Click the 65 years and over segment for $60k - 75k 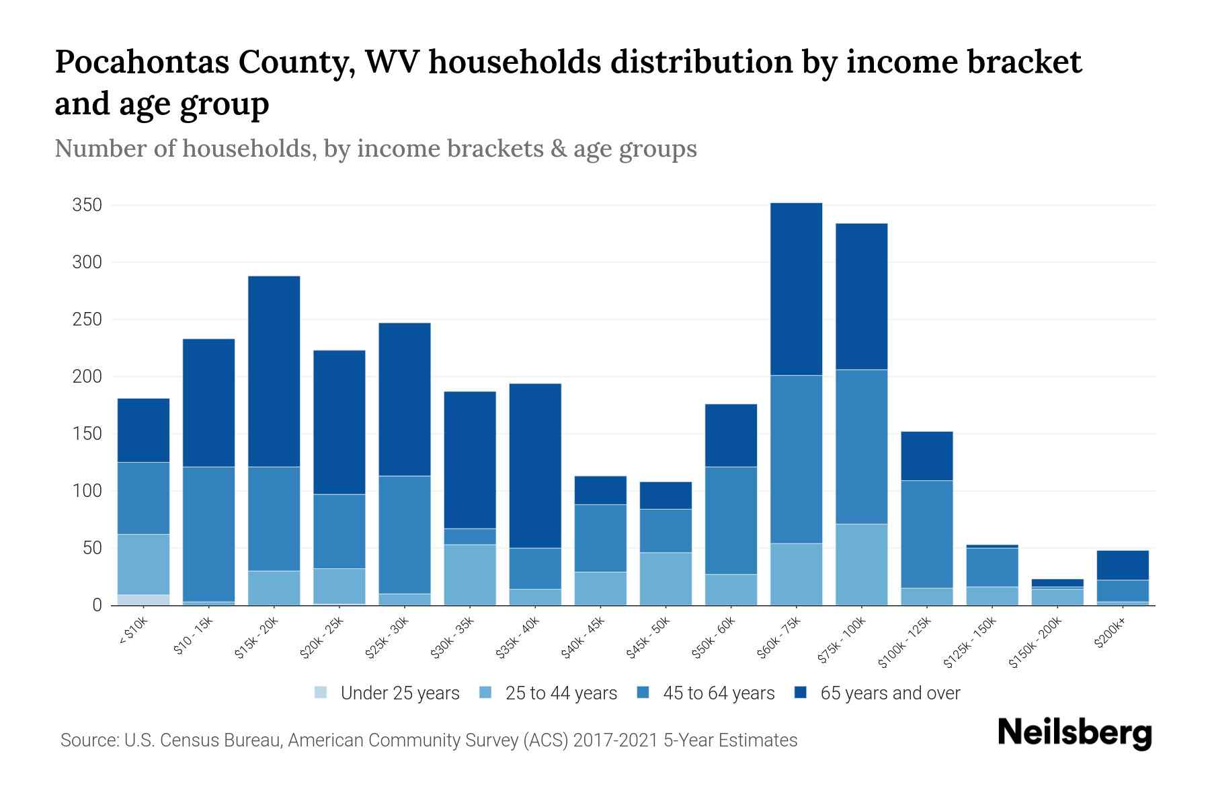point(796,289)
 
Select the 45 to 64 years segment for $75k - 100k point(861,447)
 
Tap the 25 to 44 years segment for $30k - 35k point(470,574)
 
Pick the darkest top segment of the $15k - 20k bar point(274,371)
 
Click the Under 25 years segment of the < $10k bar point(143,600)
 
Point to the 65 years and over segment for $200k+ point(1122,566)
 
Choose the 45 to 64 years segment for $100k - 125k point(926,534)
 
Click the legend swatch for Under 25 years point(321,693)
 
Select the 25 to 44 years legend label point(561,693)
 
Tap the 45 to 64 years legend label point(719,693)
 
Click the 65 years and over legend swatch point(801,693)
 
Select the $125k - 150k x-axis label point(971,646)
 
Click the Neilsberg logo point(1074,733)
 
